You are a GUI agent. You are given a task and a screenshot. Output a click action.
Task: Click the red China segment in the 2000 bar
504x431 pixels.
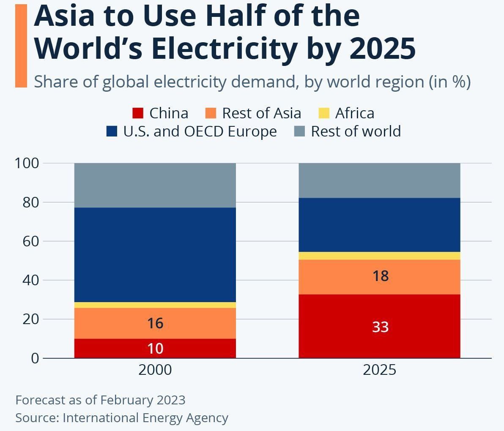tap(155, 348)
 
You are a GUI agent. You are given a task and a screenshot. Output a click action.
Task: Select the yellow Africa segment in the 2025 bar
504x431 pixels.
tap(379, 256)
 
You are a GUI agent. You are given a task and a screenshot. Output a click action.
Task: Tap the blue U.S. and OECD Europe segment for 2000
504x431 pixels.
tap(155, 255)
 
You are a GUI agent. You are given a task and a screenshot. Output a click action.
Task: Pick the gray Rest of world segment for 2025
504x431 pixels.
tap(379, 180)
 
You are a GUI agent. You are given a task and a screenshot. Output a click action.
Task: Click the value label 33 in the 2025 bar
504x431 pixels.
tap(380, 327)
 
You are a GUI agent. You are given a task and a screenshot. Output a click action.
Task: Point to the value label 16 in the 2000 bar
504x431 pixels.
tap(155, 323)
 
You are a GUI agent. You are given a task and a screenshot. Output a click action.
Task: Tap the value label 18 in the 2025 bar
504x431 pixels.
tap(381, 276)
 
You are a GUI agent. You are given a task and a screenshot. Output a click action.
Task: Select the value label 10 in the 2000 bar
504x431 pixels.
tap(155, 349)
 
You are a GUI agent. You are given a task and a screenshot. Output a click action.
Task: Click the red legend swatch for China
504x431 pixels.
tap(137, 113)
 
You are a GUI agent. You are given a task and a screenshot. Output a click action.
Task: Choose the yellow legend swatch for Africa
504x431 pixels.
tap(324, 113)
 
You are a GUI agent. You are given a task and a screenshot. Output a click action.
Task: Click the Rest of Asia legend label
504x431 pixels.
tap(262, 113)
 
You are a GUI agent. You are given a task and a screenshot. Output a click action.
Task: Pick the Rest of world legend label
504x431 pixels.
tap(356, 131)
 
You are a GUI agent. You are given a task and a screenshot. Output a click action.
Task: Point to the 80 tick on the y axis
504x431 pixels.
tap(31, 202)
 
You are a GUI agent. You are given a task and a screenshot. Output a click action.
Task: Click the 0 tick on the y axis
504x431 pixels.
tap(35, 358)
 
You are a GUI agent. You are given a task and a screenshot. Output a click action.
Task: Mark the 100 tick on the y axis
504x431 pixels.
tap(27, 163)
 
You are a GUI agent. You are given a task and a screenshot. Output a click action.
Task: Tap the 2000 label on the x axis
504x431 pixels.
tap(155, 370)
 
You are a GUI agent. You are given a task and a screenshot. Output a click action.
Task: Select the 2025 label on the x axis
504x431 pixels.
tap(379, 370)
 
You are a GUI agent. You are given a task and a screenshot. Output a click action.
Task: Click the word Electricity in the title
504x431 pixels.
tap(224, 49)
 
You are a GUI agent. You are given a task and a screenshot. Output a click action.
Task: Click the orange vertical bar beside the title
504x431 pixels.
tap(21, 46)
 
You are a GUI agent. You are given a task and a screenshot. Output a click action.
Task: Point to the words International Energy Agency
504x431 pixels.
tap(145, 418)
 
